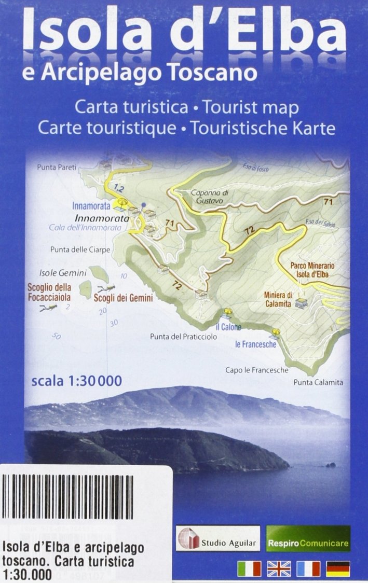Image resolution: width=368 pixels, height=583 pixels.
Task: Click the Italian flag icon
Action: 249,568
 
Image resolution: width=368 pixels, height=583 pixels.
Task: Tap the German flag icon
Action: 338,568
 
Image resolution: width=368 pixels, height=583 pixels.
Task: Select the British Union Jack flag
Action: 279,568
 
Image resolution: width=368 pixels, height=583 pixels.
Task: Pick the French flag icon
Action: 308,568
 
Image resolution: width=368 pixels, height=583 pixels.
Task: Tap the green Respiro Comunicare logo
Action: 308,538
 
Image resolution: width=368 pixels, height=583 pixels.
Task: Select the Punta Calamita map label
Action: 318,383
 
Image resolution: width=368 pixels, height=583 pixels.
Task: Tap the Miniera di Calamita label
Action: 279,299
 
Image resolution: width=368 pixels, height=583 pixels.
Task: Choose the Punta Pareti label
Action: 57,167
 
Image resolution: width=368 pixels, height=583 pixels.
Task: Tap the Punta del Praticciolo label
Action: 183,337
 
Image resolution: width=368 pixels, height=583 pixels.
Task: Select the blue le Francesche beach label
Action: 255,344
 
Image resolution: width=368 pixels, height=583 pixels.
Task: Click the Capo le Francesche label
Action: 256,370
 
